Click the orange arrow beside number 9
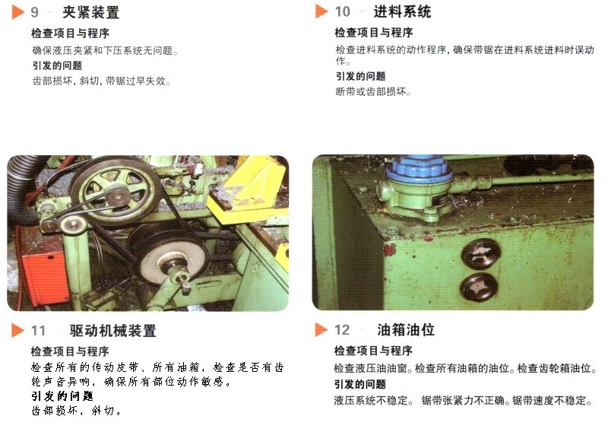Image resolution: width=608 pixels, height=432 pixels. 17,12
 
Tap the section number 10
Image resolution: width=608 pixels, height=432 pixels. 343,11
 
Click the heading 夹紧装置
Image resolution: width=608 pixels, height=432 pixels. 90,12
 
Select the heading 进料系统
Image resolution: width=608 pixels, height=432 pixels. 402,11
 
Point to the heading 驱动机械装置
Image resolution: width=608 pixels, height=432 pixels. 112,331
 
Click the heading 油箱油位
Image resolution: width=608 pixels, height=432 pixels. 406,330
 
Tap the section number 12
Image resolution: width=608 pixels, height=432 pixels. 342,330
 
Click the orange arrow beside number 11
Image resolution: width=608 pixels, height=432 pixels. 17,330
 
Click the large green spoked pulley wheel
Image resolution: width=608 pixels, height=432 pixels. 116,190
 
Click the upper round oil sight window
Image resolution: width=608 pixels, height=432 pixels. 481,253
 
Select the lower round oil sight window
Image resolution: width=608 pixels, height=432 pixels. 479,287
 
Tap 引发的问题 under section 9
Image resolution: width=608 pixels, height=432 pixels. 58,65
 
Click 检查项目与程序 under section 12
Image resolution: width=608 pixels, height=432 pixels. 373,351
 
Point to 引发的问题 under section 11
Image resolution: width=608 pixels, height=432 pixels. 62,396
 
